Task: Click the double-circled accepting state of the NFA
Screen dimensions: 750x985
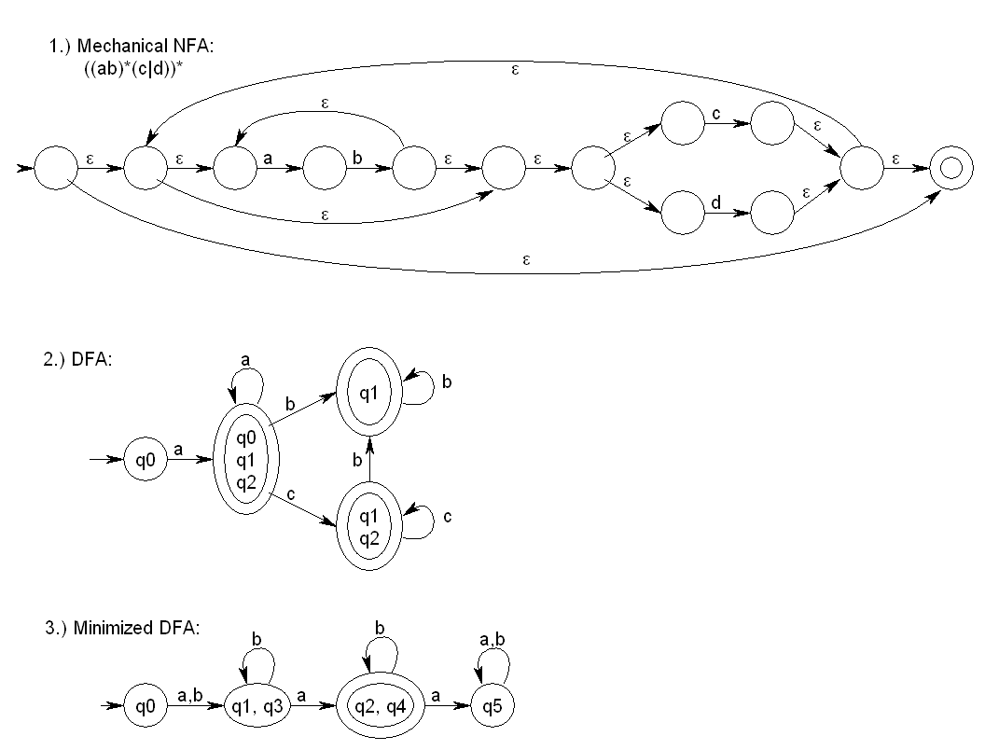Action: pos(950,170)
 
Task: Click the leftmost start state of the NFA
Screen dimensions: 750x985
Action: pos(57,170)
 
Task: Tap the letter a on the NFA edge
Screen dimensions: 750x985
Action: pos(268,160)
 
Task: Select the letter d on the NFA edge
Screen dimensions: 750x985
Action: pos(715,201)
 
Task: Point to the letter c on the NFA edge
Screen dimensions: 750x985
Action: pos(715,114)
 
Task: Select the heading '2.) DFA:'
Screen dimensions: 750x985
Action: pos(77,360)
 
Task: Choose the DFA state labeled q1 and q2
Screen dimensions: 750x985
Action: pos(369,524)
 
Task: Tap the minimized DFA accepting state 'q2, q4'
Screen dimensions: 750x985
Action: pos(379,706)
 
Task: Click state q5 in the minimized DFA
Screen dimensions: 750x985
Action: pos(492,706)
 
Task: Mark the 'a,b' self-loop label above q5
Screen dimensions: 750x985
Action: pos(492,640)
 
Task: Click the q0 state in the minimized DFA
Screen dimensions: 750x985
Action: pos(146,706)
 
